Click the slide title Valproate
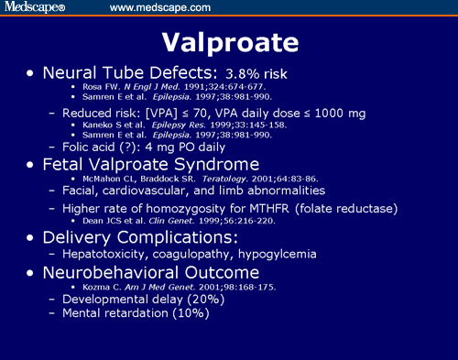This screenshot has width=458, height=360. (229, 43)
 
